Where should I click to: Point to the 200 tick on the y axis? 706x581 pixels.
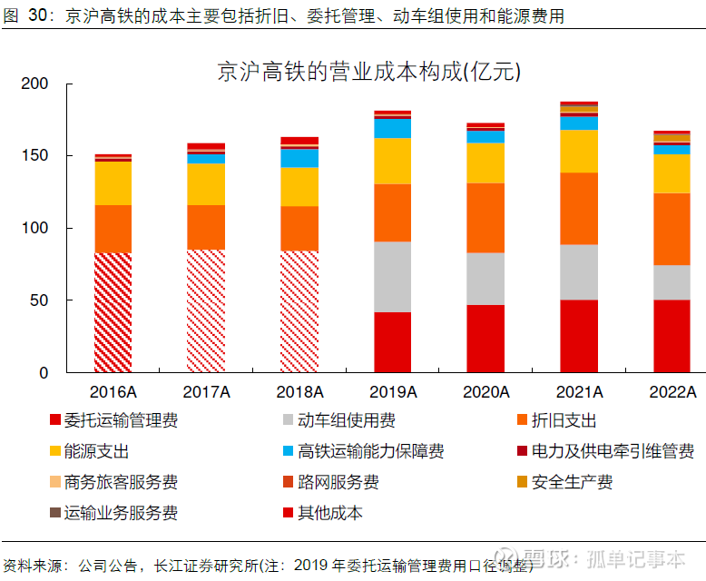pyautogui.click(x=35, y=84)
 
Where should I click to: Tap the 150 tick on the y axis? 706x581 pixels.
pyautogui.click(x=35, y=156)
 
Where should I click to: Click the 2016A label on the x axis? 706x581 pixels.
pyautogui.click(x=113, y=392)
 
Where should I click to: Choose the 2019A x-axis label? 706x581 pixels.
pyautogui.click(x=393, y=392)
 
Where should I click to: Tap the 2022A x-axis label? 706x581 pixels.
pyautogui.click(x=672, y=392)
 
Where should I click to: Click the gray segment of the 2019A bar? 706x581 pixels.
pyautogui.click(x=393, y=277)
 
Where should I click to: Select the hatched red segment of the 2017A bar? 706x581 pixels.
pyautogui.click(x=206, y=310)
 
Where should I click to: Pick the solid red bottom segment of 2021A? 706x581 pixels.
pyautogui.click(x=579, y=336)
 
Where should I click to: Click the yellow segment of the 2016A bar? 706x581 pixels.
pyautogui.click(x=113, y=183)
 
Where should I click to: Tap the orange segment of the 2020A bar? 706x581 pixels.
pyautogui.click(x=485, y=218)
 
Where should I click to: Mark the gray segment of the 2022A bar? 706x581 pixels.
pyautogui.click(x=672, y=282)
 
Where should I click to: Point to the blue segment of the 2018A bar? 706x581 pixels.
pyautogui.click(x=299, y=158)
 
